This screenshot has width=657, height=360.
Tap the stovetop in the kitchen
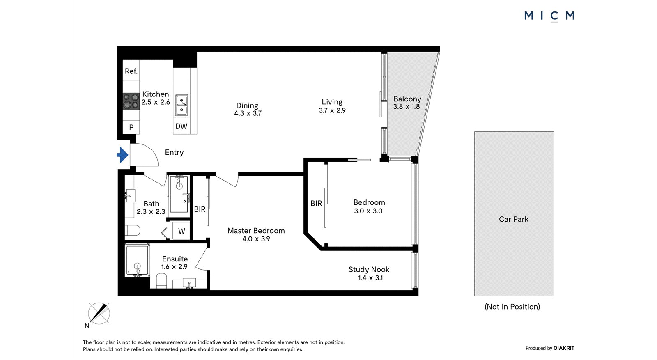[x=131, y=101]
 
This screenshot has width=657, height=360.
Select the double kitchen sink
[x=181, y=105]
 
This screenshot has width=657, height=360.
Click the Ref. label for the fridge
[x=131, y=71]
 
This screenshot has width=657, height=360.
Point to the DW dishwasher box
[x=181, y=126]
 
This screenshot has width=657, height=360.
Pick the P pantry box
[x=131, y=127]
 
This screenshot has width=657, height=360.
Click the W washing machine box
[x=181, y=231]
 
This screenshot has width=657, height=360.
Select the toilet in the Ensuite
[x=161, y=280]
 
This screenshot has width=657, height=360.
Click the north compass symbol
[x=99, y=314]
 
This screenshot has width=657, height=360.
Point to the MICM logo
[x=549, y=16]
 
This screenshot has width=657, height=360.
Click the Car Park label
[x=514, y=219]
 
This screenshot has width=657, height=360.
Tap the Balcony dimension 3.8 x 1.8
[x=407, y=106]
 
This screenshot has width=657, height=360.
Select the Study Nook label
[x=369, y=269]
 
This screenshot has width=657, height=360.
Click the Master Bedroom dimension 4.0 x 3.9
[x=256, y=239]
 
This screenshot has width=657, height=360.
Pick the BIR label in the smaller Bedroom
[x=316, y=203]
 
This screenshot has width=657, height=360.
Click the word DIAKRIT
[x=564, y=348]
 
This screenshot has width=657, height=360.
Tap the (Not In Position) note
[x=512, y=307]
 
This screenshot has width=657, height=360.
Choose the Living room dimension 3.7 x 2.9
[x=332, y=110]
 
